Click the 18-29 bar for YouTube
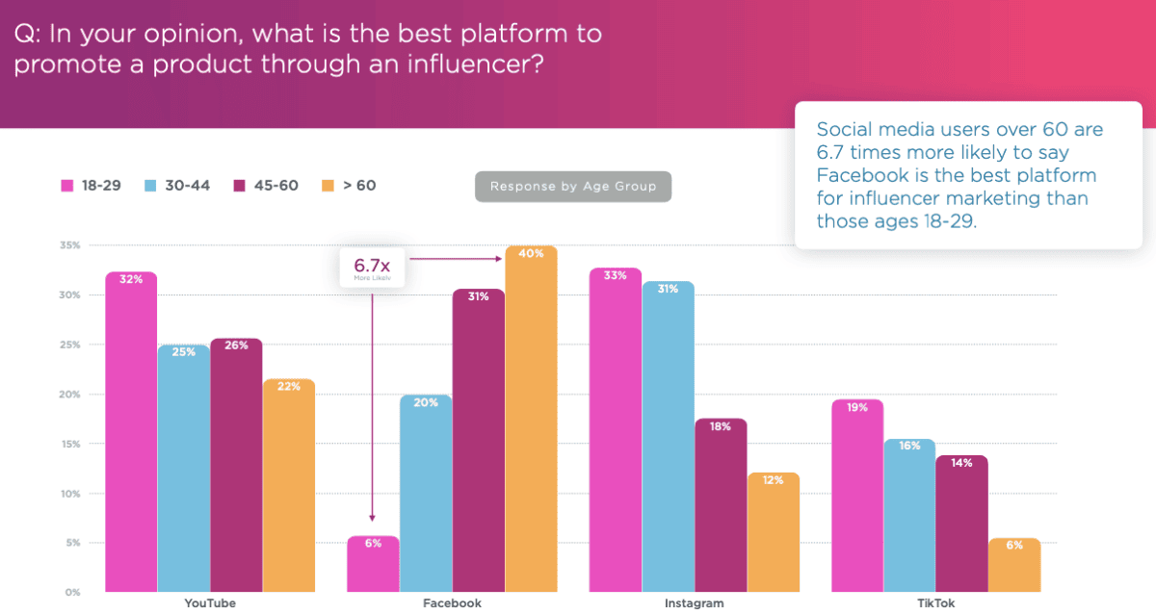(x=131, y=433)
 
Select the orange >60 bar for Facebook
(x=531, y=423)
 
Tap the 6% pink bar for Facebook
(x=373, y=568)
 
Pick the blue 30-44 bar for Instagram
(x=667, y=438)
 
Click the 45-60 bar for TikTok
(x=961, y=524)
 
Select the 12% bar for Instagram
(x=773, y=534)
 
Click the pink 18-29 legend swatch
(x=68, y=185)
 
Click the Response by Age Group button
(x=572, y=187)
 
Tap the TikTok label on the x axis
(x=935, y=603)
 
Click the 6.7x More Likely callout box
(x=371, y=267)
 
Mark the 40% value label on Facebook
(x=531, y=254)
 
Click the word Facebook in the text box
(x=859, y=175)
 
